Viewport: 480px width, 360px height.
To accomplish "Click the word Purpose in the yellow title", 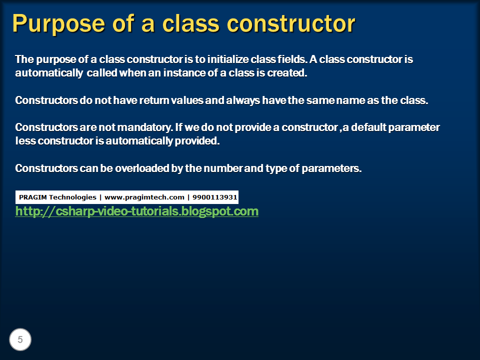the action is click(58, 24).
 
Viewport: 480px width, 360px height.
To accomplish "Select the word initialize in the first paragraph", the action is click(228, 59).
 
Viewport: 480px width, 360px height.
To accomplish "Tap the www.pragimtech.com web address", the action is click(144, 197).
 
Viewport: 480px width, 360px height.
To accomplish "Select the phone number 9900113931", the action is click(214, 197).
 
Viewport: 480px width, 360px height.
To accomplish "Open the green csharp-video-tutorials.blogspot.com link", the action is click(137, 211).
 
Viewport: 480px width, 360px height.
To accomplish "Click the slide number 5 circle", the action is click(20, 339).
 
